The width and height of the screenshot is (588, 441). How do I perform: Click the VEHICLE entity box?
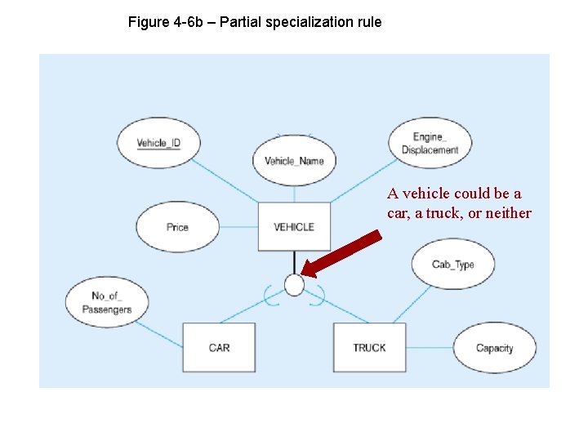click(x=294, y=226)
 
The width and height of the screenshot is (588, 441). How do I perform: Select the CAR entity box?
click(x=219, y=347)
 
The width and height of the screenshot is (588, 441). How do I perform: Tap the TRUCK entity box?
click(x=369, y=347)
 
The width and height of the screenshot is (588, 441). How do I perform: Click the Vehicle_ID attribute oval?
click(x=158, y=144)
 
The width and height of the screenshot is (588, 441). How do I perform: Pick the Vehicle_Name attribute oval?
click(x=294, y=160)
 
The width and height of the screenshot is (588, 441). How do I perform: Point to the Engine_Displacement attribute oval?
click(x=430, y=144)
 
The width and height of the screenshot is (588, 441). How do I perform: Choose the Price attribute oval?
click(x=177, y=227)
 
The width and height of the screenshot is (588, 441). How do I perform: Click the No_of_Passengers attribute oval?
click(x=107, y=302)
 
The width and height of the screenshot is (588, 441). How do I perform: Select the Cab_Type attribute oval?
click(x=452, y=264)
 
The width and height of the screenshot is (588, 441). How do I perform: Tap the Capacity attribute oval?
click(x=494, y=348)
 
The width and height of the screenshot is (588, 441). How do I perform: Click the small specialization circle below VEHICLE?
click(x=294, y=285)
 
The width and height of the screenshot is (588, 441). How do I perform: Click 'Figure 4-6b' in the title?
click(x=163, y=22)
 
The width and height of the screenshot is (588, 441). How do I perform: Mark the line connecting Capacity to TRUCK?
click(x=429, y=348)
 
